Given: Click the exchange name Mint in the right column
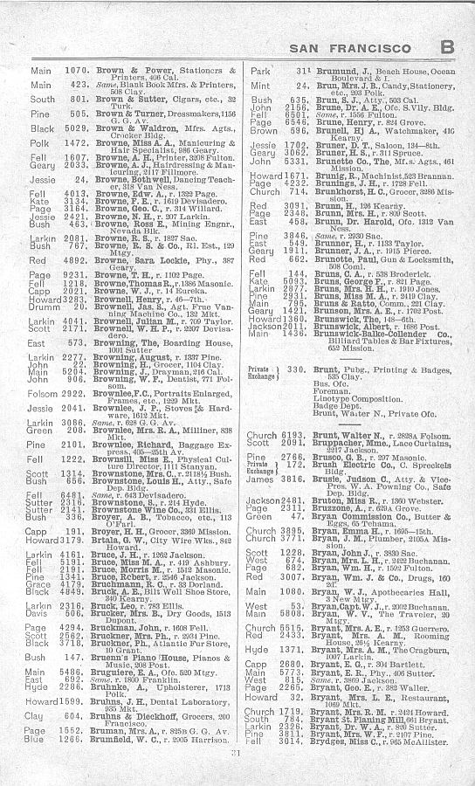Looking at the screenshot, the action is pyautogui.click(x=259, y=86).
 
